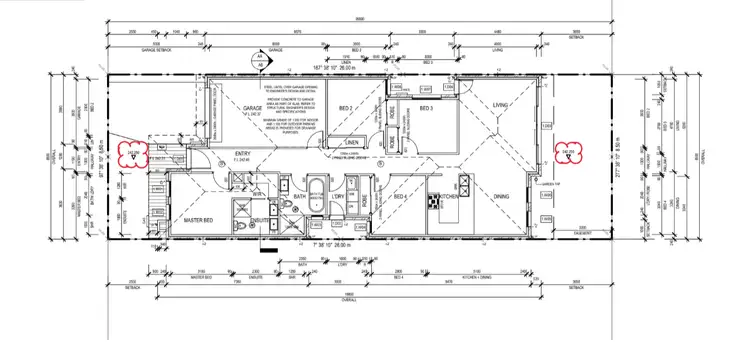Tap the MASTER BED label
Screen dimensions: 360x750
(194, 218)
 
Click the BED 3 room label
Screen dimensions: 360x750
(425, 107)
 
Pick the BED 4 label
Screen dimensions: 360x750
(400, 196)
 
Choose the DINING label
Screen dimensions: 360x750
(500, 196)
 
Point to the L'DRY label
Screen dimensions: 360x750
(337, 196)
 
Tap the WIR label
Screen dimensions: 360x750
(256, 192)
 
